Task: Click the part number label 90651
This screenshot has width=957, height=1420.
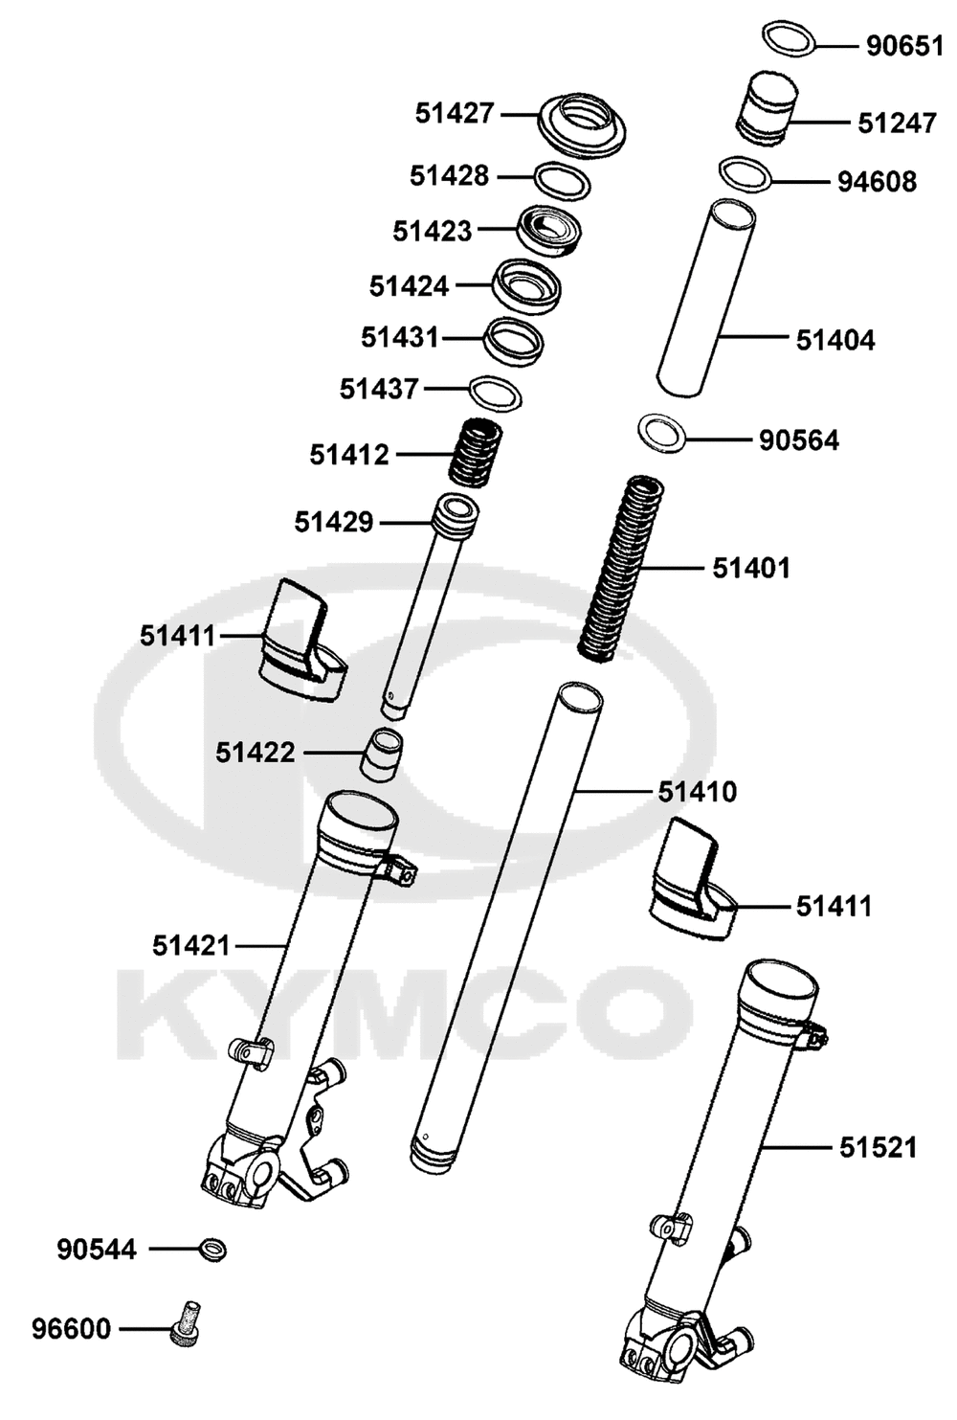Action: (x=905, y=46)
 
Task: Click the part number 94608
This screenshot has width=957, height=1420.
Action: (x=878, y=182)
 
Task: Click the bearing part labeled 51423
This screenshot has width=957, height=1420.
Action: (x=549, y=232)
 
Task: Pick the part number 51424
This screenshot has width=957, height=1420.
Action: (x=409, y=286)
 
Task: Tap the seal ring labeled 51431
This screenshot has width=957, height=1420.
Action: (x=513, y=341)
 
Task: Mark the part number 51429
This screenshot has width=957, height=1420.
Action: (x=333, y=523)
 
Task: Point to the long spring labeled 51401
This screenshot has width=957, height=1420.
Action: (x=622, y=570)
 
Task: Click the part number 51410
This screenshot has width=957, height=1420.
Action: (x=697, y=792)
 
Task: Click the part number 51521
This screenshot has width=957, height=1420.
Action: (x=879, y=1148)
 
